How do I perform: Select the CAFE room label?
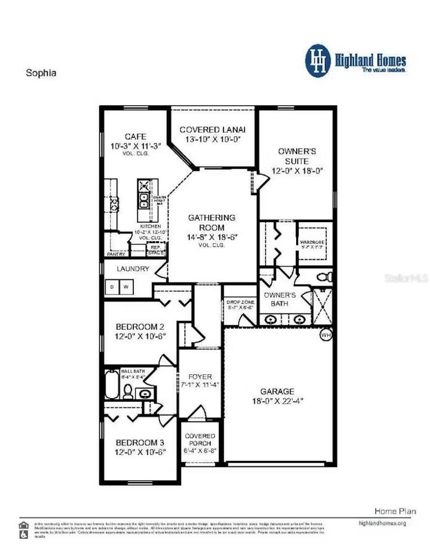point(136,137)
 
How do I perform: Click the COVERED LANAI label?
point(213,130)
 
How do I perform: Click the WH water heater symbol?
point(325,335)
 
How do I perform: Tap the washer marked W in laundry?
point(127,287)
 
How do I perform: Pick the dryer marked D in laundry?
point(111,287)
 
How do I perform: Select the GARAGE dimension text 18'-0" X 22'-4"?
point(277,401)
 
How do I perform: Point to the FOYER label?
point(199,377)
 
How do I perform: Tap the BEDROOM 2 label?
point(140,327)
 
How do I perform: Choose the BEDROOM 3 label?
point(140,443)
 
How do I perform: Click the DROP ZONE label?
point(240,303)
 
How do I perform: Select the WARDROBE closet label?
point(311,242)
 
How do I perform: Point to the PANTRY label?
point(116,254)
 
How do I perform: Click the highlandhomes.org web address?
point(382,523)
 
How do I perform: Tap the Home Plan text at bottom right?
point(395,511)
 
